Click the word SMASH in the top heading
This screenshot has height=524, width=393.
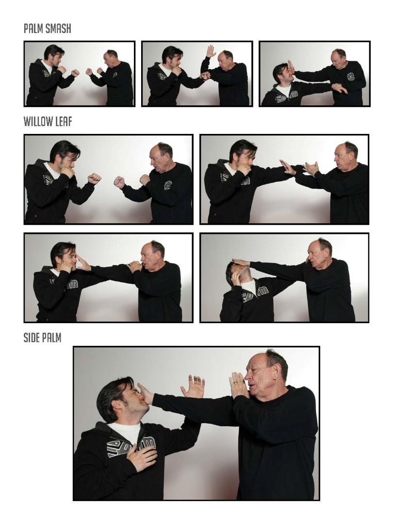tap(58, 29)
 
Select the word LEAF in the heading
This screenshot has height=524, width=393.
tap(63, 121)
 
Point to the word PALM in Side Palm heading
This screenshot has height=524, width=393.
tap(51, 338)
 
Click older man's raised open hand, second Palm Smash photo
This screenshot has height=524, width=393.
tap(211, 51)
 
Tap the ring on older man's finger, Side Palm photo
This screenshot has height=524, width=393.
tap(234, 383)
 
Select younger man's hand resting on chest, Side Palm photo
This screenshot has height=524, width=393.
tap(142, 456)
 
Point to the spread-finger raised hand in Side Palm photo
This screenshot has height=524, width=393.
tap(194, 386)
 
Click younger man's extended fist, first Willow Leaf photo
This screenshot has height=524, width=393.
tap(94, 178)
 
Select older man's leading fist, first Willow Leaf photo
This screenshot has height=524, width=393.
tap(119, 182)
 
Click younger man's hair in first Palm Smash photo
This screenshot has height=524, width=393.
tap(53, 50)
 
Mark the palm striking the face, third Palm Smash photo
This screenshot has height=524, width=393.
tap(291, 67)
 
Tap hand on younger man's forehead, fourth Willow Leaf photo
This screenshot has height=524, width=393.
tap(241, 262)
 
